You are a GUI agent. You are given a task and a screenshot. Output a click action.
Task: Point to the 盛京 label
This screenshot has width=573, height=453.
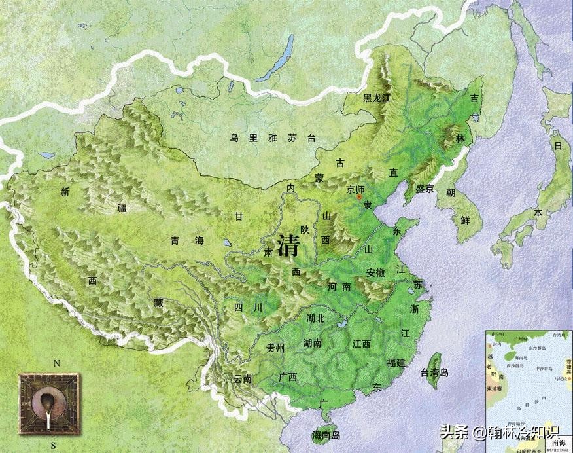tap(421, 190)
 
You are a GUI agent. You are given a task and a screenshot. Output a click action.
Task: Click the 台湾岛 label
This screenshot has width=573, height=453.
tap(434, 373)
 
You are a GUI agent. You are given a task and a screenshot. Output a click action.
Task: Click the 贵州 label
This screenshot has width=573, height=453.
tap(275, 348)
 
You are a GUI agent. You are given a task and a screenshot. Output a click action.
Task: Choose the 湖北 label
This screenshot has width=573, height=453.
tap(315, 318)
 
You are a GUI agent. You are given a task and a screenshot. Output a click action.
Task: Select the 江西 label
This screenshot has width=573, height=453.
tap(361, 344)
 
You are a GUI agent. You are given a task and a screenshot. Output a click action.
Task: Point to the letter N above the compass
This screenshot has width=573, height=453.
tap(57, 363)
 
